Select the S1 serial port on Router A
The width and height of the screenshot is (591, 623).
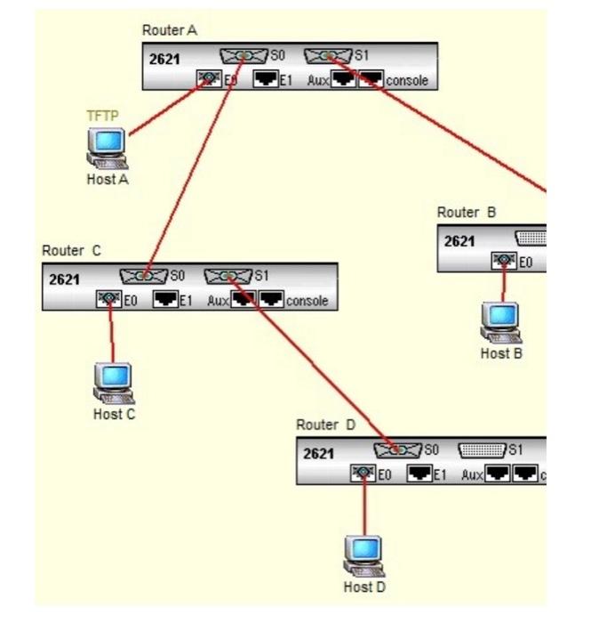[x=328, y=56]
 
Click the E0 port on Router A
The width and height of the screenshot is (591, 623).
[x=209, y=80]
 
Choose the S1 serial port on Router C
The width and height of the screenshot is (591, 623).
[x=228, y=276]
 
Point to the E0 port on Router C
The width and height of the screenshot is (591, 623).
[x=109, y=300]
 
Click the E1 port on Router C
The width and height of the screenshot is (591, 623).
[x=165, y=300]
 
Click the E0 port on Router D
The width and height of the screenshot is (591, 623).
[x=363, y=474]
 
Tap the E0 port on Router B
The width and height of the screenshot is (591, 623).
[x=505, y=261]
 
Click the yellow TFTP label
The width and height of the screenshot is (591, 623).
[x=102, y=116]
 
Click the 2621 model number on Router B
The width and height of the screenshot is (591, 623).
[x=459, y=240]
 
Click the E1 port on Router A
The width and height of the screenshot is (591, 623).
[x=265, y=80]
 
